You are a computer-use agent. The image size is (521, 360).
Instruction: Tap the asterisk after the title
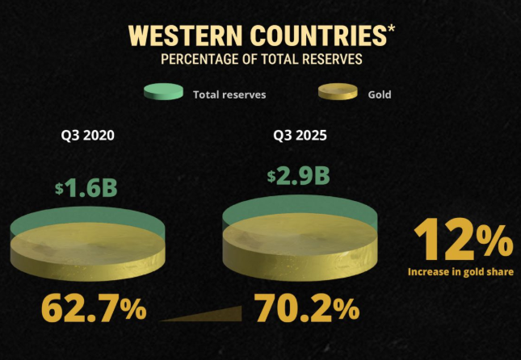(x=391, y=31)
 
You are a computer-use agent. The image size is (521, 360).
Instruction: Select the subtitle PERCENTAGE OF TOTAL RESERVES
(x=261, y=59)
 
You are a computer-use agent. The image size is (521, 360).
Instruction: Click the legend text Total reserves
(x=229, y=94)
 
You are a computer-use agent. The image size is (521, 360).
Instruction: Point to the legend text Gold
(x=379, y=94)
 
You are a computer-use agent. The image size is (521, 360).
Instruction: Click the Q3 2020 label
(x=87, y=135)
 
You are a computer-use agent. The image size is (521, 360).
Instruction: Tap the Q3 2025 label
(x=300, y=135)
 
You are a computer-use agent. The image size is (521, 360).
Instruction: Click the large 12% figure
(x=462, y=241)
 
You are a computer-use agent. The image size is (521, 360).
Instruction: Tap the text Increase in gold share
(x=460, y=272)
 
